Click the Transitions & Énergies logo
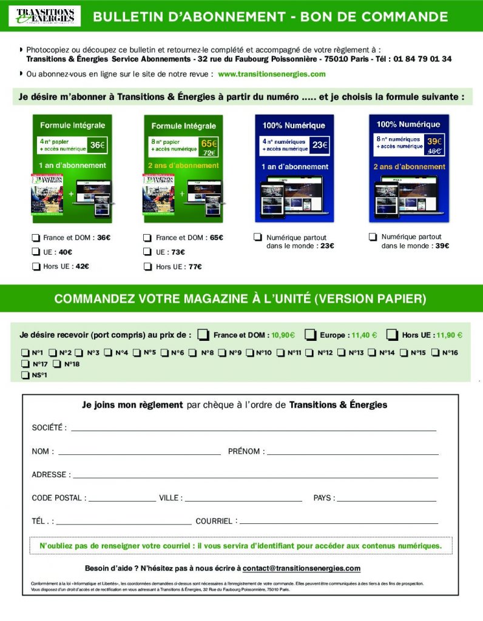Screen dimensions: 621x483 (x=44, y=16)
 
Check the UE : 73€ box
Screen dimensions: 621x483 (x=147, y=252)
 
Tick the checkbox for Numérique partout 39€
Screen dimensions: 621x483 (x=373, y=237)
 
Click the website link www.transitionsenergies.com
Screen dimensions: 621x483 (x=271, y=74)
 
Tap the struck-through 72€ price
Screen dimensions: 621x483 (x=209, y=153)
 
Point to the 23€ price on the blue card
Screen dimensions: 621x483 (x=320, y=145)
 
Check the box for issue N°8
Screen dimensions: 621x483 (x=192, y=352)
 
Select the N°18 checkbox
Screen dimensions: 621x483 (x=57, y=364)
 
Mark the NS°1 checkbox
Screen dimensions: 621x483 (x=25, y=375)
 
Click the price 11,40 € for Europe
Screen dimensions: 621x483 (x=364, y=335)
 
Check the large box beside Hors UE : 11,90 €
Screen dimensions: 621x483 (x=392, y=335)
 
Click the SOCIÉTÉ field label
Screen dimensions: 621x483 (x=49, y=428)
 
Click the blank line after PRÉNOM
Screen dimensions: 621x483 (x=352, y=452)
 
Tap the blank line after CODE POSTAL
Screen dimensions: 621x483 (x=122, y=498)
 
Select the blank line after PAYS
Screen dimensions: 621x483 (x=387, y=498)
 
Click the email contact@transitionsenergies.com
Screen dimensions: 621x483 (x=302, y=568)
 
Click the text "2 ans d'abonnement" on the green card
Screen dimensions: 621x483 (x=183, y=165)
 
